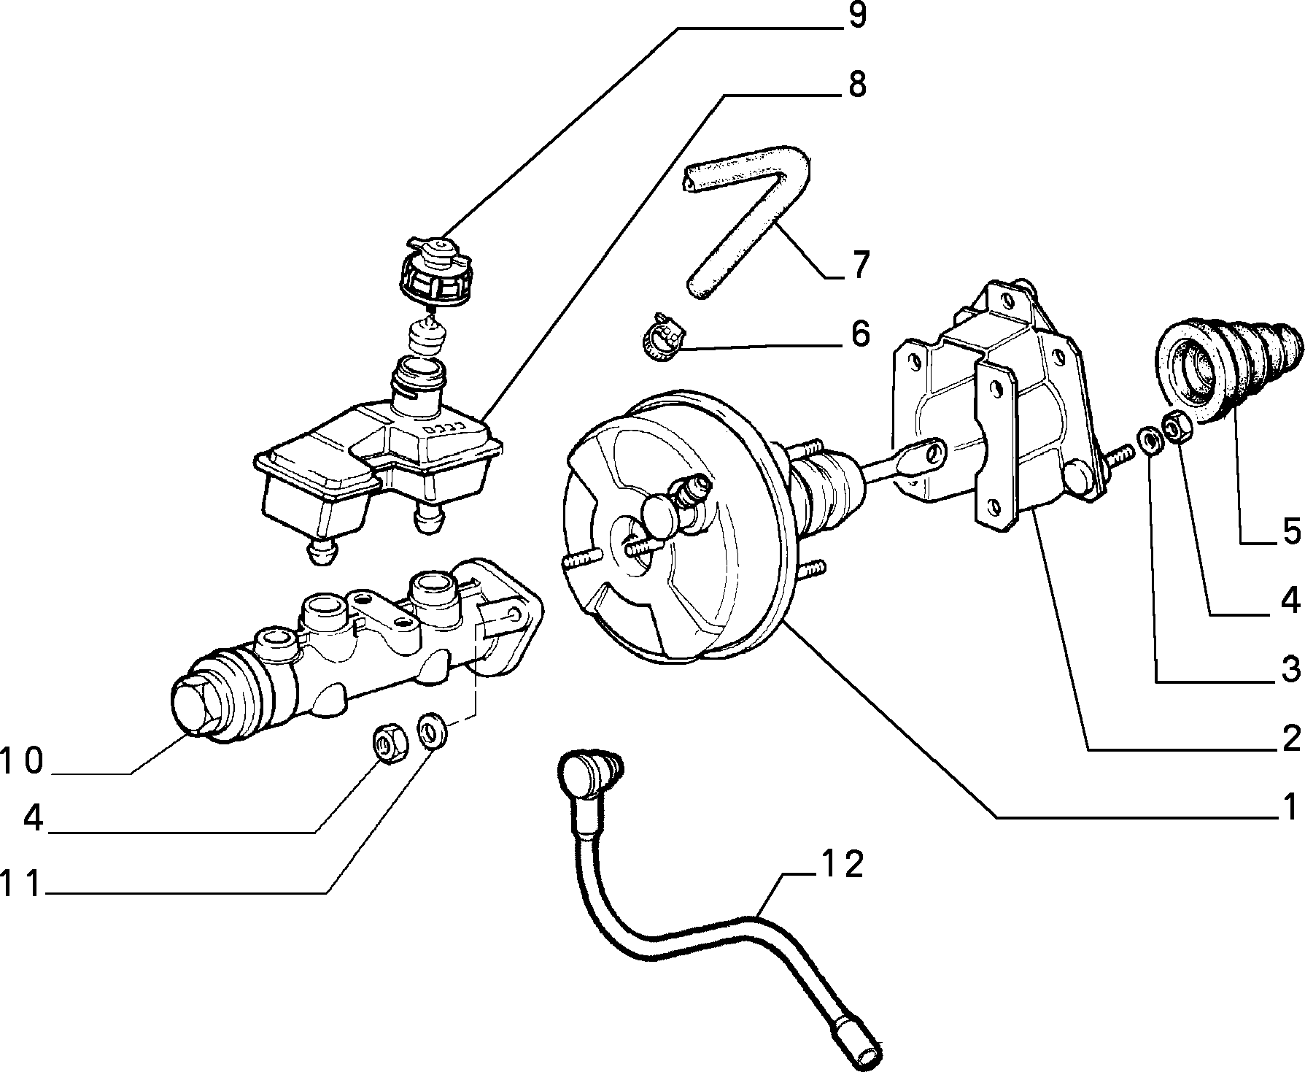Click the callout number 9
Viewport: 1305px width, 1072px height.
tap(855, 15)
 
